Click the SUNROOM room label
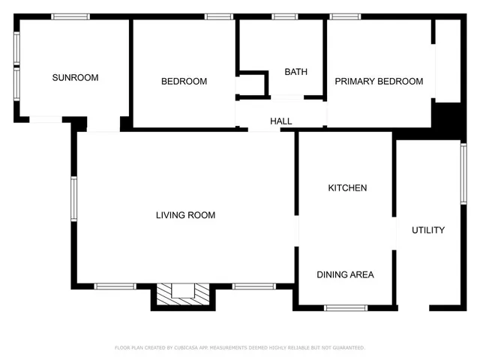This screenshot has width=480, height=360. point(75,77)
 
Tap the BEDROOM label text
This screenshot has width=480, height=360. point(184,82)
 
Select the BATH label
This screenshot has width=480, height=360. point(295,72)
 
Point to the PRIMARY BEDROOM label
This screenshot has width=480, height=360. point(379,82)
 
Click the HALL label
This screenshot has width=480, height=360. point(281,121)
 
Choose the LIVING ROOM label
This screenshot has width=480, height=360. point(185,215)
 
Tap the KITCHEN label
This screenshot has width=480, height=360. point(347,187)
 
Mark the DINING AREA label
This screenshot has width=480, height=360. point(345,274)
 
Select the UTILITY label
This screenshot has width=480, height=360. point(428,230)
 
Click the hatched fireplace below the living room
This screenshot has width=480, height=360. point(183,294)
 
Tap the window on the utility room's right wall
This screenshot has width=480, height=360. point(463,173)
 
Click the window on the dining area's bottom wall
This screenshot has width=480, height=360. point(346,307)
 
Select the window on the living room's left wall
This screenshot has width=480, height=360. point(73,198)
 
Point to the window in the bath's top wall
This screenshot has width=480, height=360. point(284,16)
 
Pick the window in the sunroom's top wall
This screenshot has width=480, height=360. point(70,16)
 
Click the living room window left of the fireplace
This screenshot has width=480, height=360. point(115,286)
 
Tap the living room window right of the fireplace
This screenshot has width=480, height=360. point(253,286)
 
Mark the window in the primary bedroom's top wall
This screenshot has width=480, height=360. point(345,16)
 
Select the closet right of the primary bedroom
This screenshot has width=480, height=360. point(448,60)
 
